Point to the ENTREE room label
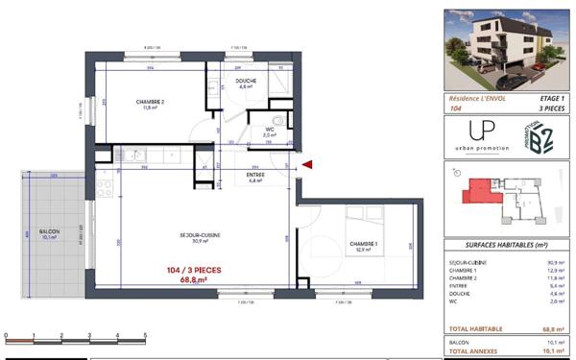coord(254,175)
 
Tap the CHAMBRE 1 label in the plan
coord(363,245)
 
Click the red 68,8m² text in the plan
coord(193,280)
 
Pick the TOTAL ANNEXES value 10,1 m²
coord(551,350)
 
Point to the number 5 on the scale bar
coord(144,336)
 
